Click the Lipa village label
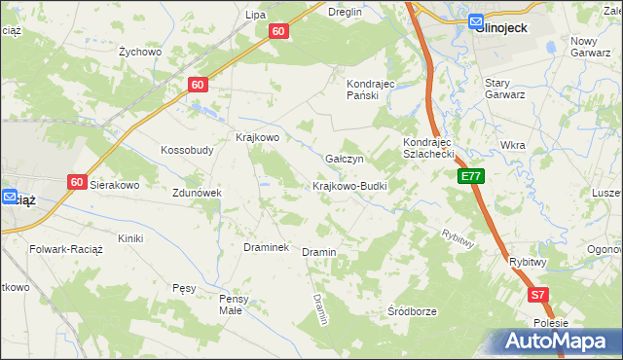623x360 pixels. point(256,15)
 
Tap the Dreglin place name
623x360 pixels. point(346,12)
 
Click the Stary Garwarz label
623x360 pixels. point(505,89)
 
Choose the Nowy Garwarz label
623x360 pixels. point(596,47)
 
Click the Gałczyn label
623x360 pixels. point(344,159)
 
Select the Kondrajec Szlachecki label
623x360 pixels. point(429,148)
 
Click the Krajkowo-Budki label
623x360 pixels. point(349,186)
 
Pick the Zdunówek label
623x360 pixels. point(198,193)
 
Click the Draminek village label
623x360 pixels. point(266,247)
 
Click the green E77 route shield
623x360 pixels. point(471,176)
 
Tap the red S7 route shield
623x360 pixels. point(539,294)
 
